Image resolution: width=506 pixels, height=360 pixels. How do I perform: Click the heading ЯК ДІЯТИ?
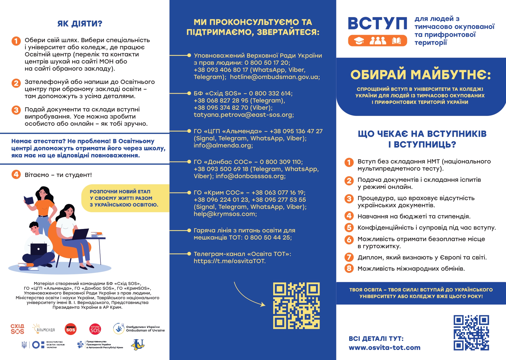(80, 23)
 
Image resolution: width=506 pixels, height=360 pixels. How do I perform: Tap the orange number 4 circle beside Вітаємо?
(16, 174)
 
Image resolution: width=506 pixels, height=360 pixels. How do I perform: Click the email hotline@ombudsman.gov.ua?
(275, 77)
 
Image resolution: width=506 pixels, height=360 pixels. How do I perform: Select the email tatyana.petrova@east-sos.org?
(244, 115)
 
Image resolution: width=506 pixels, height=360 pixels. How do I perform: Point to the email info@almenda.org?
(223, 146)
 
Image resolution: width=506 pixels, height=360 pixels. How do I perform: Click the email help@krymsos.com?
(225, 214)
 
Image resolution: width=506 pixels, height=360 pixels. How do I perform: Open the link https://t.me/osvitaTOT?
(229, 261)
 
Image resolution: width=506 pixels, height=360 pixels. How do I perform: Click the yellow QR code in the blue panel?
(296, 306)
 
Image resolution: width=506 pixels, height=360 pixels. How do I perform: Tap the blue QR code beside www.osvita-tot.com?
(471, 332)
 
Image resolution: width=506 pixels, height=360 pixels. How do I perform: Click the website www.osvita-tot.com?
(384, 348)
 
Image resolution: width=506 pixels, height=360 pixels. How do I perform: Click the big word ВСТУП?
(377, 24)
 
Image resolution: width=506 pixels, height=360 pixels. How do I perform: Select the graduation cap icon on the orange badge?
(359, 41)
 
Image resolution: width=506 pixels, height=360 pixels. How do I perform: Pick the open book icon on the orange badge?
(396, 41)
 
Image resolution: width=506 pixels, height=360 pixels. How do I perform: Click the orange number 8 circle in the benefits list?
(349, 268)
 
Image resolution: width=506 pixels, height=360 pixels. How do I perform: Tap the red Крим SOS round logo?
(95, 329)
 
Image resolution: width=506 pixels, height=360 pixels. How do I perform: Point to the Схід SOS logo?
(17, 329)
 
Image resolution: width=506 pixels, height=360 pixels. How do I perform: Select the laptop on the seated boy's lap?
(38, 249)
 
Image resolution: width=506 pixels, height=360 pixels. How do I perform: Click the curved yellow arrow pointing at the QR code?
(248, 296)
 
